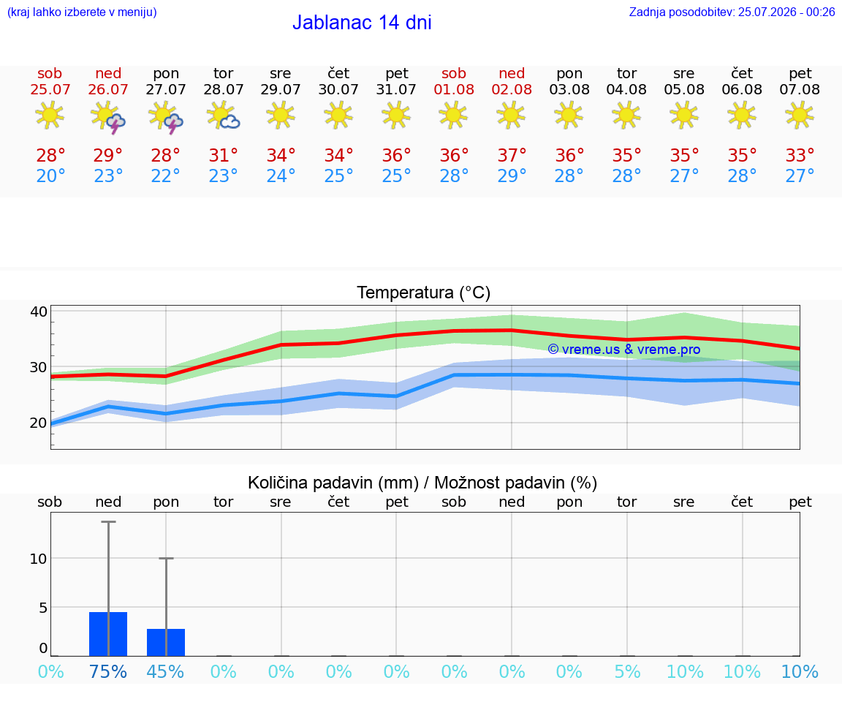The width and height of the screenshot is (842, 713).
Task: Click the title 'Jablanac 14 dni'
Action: [362, 23]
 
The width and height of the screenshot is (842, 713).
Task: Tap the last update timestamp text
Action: [732, 12]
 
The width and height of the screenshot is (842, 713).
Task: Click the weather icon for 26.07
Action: [108, 116]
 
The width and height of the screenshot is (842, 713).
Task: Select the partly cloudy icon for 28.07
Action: [224, 116]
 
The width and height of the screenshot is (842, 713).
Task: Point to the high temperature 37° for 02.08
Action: [512, 155]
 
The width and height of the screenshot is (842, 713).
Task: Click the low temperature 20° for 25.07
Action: [50, 176]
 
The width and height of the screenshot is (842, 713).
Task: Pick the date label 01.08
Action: [454, 89]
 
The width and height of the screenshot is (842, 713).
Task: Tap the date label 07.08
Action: [800, 89]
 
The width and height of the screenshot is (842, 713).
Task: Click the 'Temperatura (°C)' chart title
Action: [424, 293]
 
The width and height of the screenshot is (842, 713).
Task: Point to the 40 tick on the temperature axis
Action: [39, 312]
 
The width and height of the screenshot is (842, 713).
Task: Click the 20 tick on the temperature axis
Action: [39, 423]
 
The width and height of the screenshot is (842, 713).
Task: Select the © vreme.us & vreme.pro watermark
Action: [624, 350]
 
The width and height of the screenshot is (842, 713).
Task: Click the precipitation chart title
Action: [422, 483]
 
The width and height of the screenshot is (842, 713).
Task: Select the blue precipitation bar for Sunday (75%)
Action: [108, 634]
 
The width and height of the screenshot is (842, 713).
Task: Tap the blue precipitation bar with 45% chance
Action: [166, 643]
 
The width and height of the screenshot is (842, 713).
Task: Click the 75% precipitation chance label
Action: [108, 671]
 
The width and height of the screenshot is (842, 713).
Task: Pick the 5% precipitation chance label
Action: [626, 671]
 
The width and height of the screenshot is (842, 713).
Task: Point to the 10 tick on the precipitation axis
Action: [39, 559]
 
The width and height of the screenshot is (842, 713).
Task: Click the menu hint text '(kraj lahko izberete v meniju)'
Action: [82, 12]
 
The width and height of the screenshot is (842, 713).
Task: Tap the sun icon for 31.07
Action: [396, 116]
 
